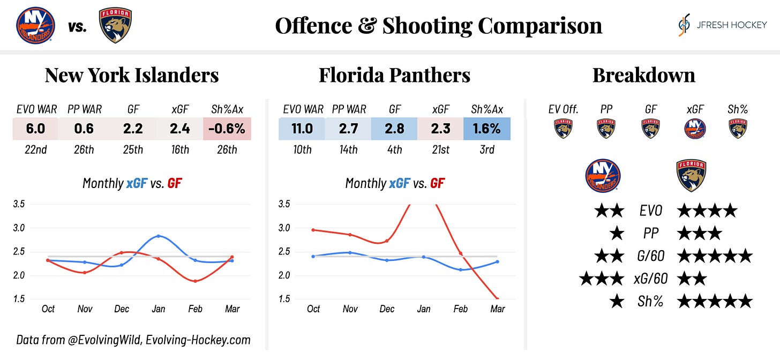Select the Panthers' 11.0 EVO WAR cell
(x=302, y=129)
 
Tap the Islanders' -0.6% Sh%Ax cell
(x=227, y=129)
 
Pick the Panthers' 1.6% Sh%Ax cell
(x=487, y=129)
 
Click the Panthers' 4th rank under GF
(x=394, y=150)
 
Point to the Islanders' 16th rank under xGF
(x=179, y=150)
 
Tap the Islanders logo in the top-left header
(x=34, y=25)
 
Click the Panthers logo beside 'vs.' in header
(x=115, y=25)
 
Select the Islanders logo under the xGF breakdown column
(x=695, y=129)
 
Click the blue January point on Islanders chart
(x=159, y=236)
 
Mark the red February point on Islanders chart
(x=196, y=281)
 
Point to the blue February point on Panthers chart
(x=460, y=269)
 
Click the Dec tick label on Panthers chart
(x=387, y=309)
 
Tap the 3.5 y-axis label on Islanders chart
(x=19, y=204)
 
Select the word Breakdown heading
(x=643, y=75)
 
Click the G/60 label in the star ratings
(x=650, y=256)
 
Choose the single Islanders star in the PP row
(x=617, y=234)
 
